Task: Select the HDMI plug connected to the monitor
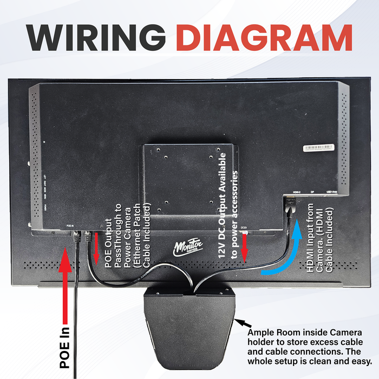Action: [x=289, y=205]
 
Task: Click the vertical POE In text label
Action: [x=64, y=347]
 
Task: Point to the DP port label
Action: [x=313, y=192]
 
